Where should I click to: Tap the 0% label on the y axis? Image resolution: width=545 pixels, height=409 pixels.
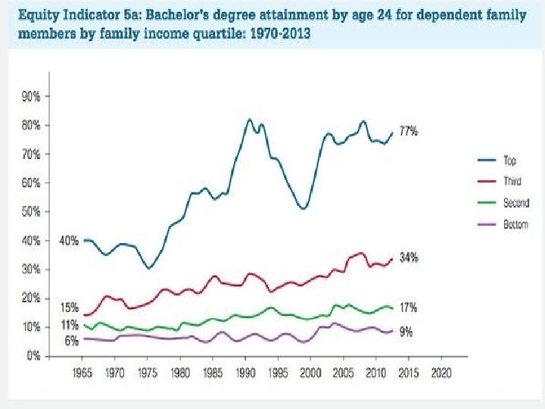point(33,356)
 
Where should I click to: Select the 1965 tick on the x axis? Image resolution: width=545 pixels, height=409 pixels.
point(83,373)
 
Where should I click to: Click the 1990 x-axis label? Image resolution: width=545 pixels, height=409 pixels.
point(245,373)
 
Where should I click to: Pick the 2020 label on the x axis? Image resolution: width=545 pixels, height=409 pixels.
point(441,373)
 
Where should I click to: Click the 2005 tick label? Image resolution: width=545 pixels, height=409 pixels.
point(344,373)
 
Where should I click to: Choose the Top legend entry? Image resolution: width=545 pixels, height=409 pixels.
point(509,160)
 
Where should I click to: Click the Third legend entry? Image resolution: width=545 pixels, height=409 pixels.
point(512,181)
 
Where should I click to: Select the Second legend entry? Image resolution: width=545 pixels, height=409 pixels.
point(516,202)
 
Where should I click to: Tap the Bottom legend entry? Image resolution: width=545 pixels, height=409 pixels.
point(516,224)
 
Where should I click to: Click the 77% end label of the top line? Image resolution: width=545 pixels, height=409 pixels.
point(409,131)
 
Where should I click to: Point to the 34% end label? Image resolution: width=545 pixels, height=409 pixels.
point(409,258)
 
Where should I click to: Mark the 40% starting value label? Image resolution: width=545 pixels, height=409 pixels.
point(68,241)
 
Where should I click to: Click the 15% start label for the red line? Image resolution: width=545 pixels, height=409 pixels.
point(70,307)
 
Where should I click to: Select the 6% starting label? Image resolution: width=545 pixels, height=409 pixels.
point(72,341)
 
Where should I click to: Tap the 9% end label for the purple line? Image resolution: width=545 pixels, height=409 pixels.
point(406,332)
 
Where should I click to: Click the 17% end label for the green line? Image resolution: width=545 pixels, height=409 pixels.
point(409,308)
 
